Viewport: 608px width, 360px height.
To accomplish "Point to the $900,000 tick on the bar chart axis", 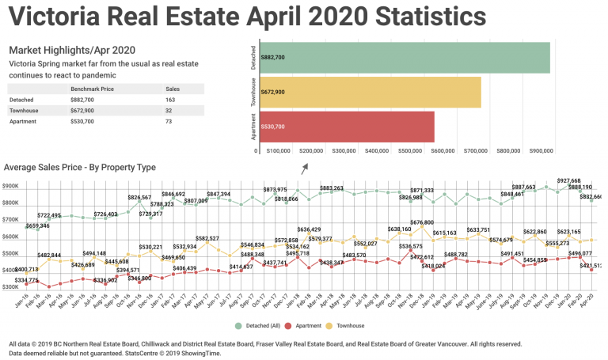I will [x=542, y=150].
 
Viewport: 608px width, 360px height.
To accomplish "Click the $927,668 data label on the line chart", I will [x=568, y=180].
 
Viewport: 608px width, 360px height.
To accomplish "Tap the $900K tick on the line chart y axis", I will [x=10, y=187].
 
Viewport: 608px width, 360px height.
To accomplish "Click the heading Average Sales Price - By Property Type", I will [x=79, y=168].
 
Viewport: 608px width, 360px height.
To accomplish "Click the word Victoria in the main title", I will [x=60, y=17].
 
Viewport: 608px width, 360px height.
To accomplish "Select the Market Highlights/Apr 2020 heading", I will [x=61, y=50].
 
